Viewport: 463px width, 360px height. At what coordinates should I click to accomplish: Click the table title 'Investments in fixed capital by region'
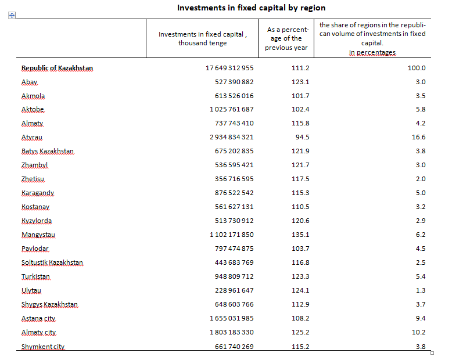[252, 8]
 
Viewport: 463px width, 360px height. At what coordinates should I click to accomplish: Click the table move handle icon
[12, 15]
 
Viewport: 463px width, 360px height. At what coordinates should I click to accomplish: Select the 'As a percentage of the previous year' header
[286, 39]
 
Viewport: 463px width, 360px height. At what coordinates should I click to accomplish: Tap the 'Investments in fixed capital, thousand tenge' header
[203, 39]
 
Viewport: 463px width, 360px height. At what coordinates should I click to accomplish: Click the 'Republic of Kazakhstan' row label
[57, 68]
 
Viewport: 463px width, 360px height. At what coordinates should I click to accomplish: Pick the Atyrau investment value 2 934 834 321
[231, 137]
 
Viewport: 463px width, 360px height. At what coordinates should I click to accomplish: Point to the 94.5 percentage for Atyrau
[302, 137]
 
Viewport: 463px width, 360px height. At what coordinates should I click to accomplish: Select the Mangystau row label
[38, 235]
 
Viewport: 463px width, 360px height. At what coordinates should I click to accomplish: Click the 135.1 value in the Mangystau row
[300, 235]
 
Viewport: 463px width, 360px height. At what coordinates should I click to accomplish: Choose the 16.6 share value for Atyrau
[419, 137]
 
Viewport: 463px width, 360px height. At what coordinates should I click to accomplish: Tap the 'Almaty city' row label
[38, 333]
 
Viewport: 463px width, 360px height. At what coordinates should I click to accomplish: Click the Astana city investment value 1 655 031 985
[231, 318]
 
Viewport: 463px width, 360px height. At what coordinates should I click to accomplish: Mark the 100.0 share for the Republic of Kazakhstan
[417, 68]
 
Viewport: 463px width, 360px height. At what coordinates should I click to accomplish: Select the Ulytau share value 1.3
[421, 290]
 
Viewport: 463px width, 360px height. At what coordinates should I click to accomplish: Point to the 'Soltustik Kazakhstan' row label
[52, 262]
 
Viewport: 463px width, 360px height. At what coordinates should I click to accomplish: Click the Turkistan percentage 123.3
[300, 276]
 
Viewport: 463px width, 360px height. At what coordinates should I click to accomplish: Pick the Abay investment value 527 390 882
[234, 82]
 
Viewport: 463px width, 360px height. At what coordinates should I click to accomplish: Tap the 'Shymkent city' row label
[43, 347]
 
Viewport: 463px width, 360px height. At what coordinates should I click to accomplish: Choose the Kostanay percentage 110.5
[300, 207]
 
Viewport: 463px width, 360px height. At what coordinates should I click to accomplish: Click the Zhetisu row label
[33, 179]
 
